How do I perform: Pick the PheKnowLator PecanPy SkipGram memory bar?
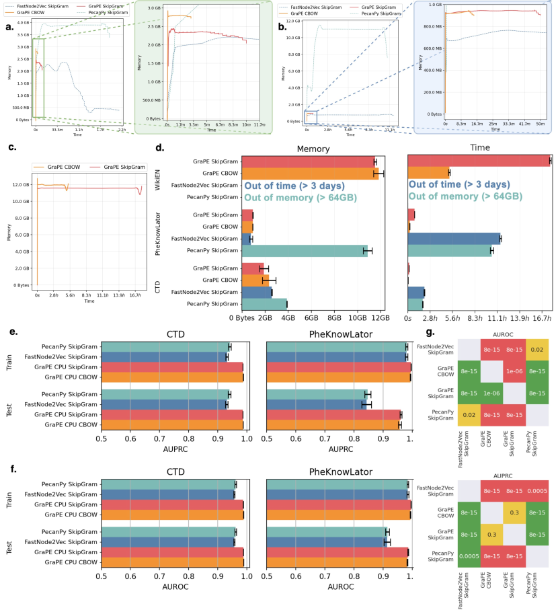[304, 251]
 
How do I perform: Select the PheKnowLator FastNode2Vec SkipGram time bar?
[454, 238]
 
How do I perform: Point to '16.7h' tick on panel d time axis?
[542, 318]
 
